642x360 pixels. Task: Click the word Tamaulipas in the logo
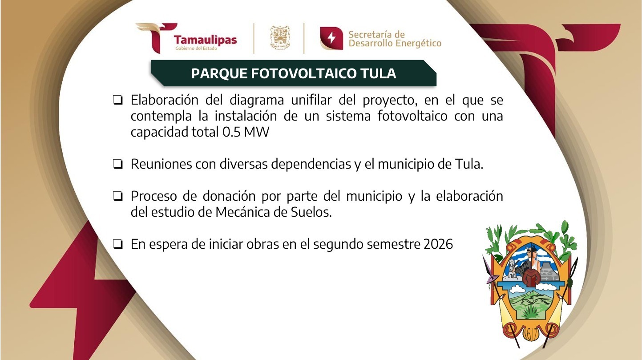205,40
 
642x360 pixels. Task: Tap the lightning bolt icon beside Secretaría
331,38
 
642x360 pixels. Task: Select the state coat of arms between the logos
279,38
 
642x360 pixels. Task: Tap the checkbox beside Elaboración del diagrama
118,100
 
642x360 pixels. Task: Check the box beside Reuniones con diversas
118,165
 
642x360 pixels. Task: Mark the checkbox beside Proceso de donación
118,196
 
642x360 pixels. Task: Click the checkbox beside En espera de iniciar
118,244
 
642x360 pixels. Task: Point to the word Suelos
315,212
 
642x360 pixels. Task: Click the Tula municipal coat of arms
529,285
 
